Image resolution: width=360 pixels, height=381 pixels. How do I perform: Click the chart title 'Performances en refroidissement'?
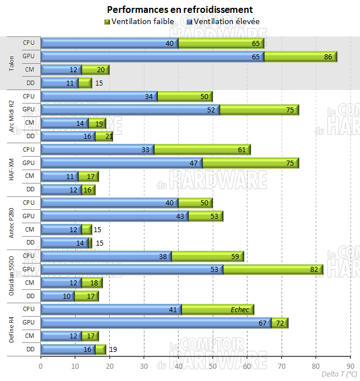click(179, 10)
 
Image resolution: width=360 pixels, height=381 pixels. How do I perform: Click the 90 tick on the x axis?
click(349, 366)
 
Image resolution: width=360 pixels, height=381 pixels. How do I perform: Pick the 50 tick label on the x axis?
click(212, 366)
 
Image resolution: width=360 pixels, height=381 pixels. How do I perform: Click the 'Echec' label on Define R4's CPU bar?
click(240, 309)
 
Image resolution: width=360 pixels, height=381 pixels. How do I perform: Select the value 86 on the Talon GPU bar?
click(328, 57)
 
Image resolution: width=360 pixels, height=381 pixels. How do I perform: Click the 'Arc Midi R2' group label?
click(12, 116)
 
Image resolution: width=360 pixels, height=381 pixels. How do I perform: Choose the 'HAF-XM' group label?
click(12, 169)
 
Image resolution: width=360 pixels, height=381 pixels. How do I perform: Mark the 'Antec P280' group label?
click(12, 222)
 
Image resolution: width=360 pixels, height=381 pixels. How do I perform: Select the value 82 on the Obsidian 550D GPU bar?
click(314, 270)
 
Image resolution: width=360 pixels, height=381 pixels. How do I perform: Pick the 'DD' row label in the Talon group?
click(30, 83)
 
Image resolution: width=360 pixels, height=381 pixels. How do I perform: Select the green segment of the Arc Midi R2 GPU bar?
click(259, 110)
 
